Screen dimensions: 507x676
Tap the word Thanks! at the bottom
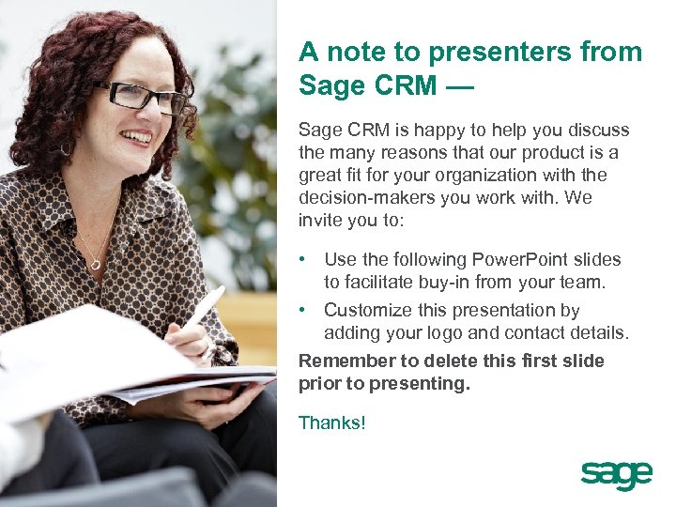pyautogui.click(x=331, y=423)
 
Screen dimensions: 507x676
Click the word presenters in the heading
pyautogui.click(x=483, y=52)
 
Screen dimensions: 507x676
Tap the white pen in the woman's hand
pyautogui.click(x=204, y=308)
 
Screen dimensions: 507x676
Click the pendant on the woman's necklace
pyautogui.click(x=96, y=265)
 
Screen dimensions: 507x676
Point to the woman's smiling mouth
pyautogui.click(x=137, y=137)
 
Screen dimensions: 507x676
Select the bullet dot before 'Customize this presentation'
pyautogui.click(x=303, y=311)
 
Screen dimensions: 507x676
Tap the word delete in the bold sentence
pyautogui.click(x=434, y=361)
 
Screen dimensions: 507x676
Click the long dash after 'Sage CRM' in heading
pyautogui.click(x=460, y=86)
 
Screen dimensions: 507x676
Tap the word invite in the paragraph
pyautogui.click(x=319, y=221)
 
